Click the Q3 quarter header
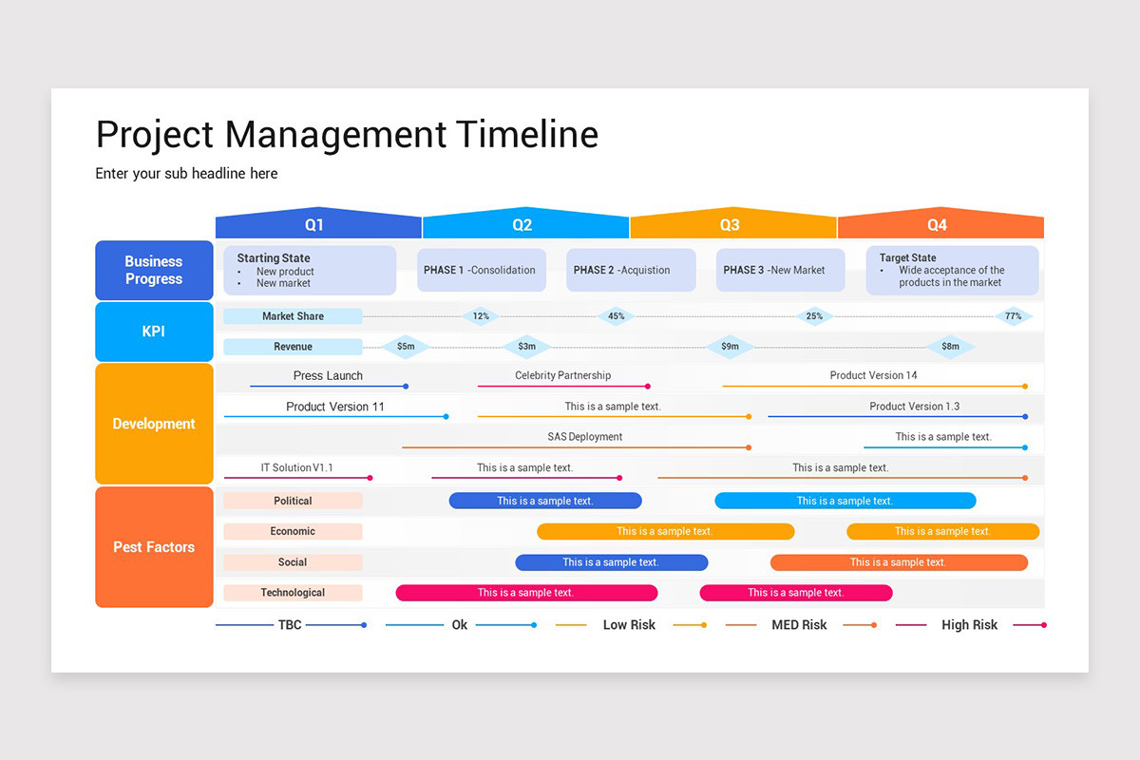[x=730, y=225]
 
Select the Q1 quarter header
[x=314, y=225]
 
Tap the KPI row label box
[x=154, y=332]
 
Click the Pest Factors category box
[x=154, y=547]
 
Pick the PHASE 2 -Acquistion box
[x=631, y=270]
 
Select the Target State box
[x=952, y=270]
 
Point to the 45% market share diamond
[x=617, y=316]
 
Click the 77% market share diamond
[x=1014, y=316]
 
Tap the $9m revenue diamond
[x=730, y=347]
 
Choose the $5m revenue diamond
[x=406, y=347]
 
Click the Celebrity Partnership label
[x=563, y=375]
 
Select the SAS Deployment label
[x=585, y=437]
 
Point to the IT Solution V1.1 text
[x=297, y=467]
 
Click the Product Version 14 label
[x=874, y=375]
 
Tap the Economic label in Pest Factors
[x=293, y=531]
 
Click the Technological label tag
[x=293, y=593]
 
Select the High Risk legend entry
[x=969, y=625]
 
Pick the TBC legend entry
[x=290, y=625]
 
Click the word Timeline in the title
[x=527, y=135]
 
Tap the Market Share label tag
[x=293, y=316]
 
